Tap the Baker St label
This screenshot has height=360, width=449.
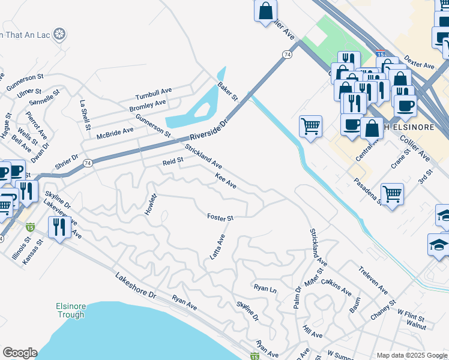point(228,91)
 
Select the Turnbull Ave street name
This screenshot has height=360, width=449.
point(153,94)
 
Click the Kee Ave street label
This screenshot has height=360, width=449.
point(226,181)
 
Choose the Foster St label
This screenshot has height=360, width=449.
point(220,217)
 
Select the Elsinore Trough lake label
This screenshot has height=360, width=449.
point(71,310)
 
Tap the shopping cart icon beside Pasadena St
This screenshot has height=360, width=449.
point(392,194)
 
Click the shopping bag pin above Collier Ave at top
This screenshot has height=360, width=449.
point(265,10)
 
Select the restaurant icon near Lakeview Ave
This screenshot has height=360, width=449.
point(59,227)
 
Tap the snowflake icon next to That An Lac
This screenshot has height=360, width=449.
point(59,34)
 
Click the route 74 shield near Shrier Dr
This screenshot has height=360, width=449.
point(88,163)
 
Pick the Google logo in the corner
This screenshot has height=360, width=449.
point(20,353)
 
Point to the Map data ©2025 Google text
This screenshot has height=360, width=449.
point(411,355)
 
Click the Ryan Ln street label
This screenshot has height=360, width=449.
point(265,289)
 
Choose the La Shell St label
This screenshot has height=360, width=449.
point(85,115)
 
